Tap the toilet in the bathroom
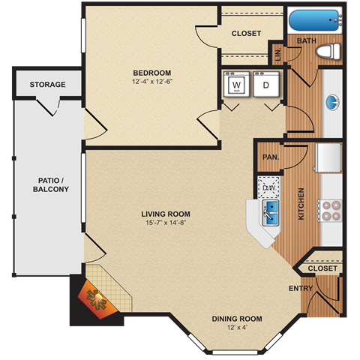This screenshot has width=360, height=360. point(327,52)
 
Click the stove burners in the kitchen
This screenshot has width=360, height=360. point(331,210)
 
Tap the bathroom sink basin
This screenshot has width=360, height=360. point(331,102)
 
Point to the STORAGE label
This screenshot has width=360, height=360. point(47,85)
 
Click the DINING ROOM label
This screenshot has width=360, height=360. point(236,319)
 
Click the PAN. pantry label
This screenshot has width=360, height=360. point(268,157)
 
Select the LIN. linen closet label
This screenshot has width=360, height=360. point(277,54)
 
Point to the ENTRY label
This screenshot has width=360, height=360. point(301,288)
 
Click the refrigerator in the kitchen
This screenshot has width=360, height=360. point(329,158)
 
